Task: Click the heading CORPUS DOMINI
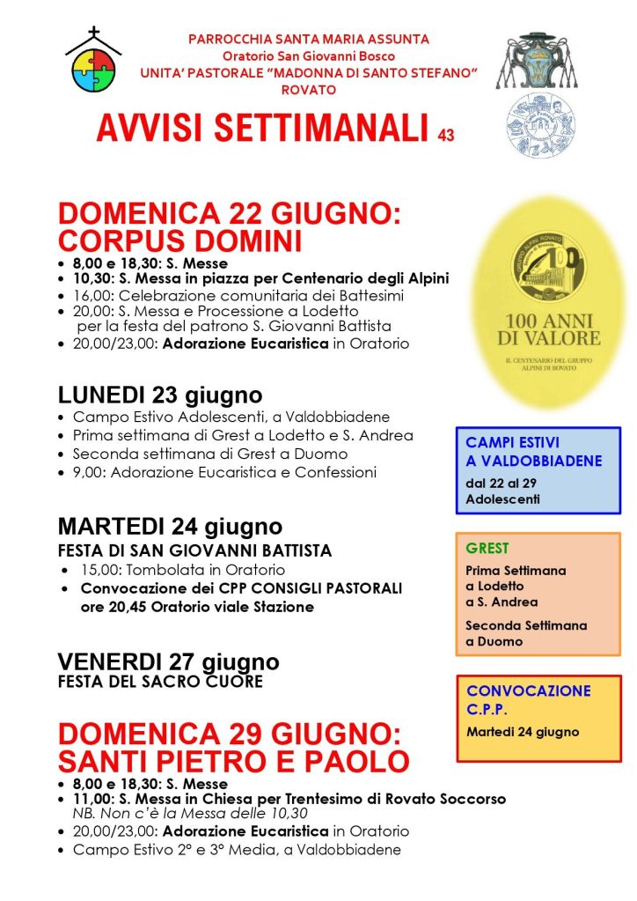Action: (180, 241)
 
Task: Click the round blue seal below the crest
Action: (540, 124)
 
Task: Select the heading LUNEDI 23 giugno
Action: (160, 395)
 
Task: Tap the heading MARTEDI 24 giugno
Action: (170, 527)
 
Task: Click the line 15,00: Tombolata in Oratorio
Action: (174, 570)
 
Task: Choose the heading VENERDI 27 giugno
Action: (168, 661)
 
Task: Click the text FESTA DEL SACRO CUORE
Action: (160, 681)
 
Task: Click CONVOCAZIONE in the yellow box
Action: (528, 691)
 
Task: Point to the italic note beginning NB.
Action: (190, 813)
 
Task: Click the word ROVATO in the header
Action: (308, 89)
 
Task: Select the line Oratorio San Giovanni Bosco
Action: (308, 56)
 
